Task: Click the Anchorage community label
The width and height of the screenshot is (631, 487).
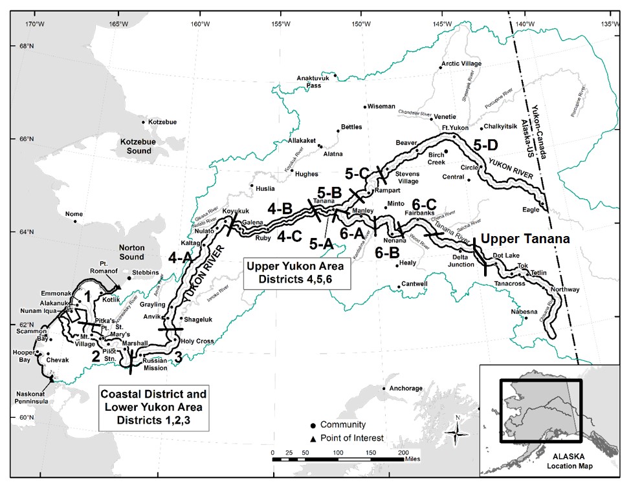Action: (x=406, y=389)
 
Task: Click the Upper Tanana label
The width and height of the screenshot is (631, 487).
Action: (x=526, y=239)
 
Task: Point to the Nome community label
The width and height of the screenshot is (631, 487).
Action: (x=74, y=214)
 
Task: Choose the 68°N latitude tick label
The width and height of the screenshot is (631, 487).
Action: (x=26, y=47)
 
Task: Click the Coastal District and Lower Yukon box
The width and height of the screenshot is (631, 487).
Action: (x=153, y=407)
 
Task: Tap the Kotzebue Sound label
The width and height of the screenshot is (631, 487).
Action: (x=135, y=146)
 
